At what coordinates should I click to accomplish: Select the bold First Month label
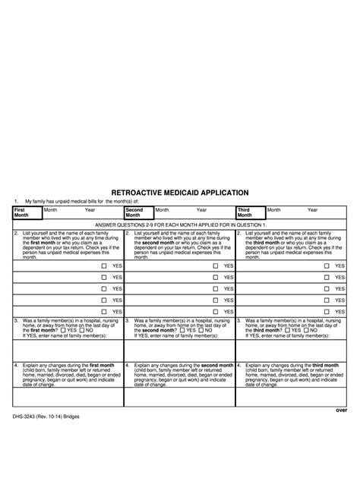[x=21, y=212]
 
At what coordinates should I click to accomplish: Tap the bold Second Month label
[x=134, y=212]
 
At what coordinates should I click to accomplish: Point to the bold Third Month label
[x=245, y=212]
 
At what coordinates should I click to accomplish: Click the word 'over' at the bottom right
[x=341, y=410]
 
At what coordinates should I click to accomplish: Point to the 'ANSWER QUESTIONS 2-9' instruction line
[x=180, y=225]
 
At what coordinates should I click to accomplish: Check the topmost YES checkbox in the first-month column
[x=104, y=266]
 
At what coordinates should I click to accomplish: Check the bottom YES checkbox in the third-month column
[x=327, y=311]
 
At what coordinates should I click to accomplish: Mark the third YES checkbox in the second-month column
[x=216, y=288]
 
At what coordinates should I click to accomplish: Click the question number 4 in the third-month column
[x=238, y=365]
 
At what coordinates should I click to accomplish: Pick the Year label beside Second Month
[x=201, y=209]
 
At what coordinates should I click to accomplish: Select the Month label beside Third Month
[x=273, y=209]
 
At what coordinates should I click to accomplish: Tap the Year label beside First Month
[x=90, y=209]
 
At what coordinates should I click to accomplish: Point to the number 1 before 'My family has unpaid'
[x=16, y=202]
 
